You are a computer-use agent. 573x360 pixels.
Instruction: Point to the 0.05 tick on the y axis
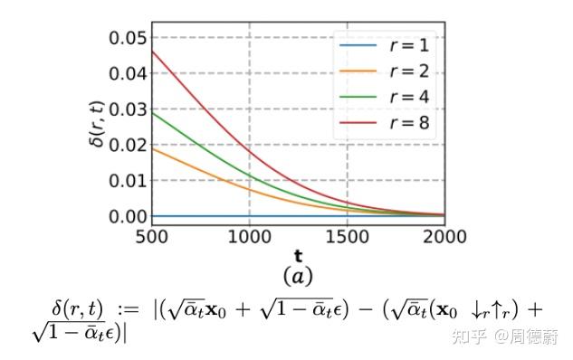coord(127,37)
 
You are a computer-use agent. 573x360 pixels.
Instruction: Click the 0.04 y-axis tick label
coord(127,72)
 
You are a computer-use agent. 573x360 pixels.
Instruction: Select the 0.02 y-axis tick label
coord(127,145)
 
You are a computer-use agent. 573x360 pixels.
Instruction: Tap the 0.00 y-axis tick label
coord(127,216)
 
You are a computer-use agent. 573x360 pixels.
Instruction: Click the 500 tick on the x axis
coord(152,237)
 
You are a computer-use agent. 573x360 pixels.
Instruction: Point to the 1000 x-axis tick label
coord(249,237)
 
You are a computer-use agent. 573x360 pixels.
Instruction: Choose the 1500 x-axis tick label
coord(348,237)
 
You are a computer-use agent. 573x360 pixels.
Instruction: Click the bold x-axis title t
coord(298,256)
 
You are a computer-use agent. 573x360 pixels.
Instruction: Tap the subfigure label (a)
coord(298,275)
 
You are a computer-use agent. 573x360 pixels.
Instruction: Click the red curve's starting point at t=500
coord(152,51)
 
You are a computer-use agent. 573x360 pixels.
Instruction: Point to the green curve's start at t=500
coord(152,112)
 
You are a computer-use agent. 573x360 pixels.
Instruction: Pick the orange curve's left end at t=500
coord(152,147)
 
